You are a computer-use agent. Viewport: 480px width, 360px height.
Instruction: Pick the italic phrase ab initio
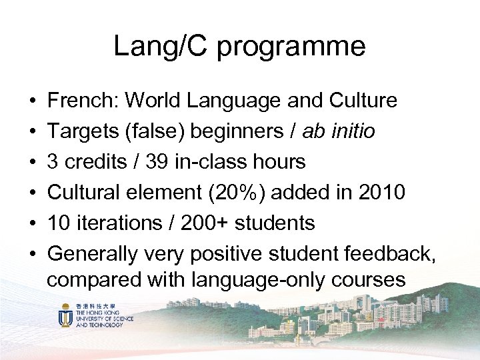pyautogui.click(x=338, y=131)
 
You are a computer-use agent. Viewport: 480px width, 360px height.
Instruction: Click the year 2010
pyautogui.click(x=381, y=192)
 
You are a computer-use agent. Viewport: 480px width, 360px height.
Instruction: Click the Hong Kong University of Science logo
pyautogui.click(x=97, y=314)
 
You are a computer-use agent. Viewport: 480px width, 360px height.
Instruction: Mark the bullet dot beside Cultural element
pyautogui.click(x=33, y=193)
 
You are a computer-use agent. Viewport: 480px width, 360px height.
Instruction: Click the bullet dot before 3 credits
pyautogui.click(x=33, y=162)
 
